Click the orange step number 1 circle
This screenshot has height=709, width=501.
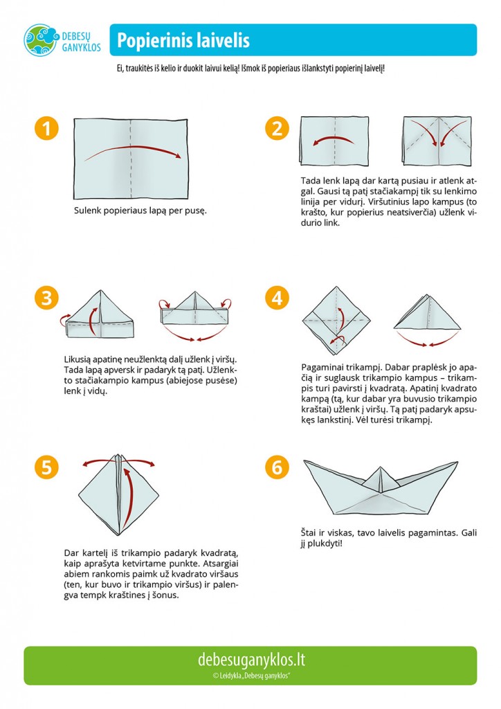click(x=46, y=128)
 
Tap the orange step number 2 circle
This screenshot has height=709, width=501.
click(x=277, y=128)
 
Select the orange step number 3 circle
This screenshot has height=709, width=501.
click(x=46, y=298)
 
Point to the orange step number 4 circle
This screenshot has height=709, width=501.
click(x=277, y=298)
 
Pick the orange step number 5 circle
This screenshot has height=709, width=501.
click(x=46, y=467)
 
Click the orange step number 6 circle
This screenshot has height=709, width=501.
click(x=277, y=467)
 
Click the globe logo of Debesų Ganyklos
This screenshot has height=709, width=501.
click(x=41, y=40)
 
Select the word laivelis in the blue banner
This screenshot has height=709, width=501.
click(x=224, y=39)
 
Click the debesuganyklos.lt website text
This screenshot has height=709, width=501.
click(x=251, y=660)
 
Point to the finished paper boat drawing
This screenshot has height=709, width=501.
click(x=381, y=487)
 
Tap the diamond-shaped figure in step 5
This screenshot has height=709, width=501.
click(x=118, y=494)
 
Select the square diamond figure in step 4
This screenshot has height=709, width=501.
click(x=336, y=321)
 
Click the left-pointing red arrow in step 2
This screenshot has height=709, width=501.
click(x=334, y=140)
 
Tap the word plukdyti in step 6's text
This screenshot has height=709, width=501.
click(x=324, y=544)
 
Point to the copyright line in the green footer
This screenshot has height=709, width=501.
click(x=250, y=676)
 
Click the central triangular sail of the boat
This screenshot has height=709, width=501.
click(x=381, y=479)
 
